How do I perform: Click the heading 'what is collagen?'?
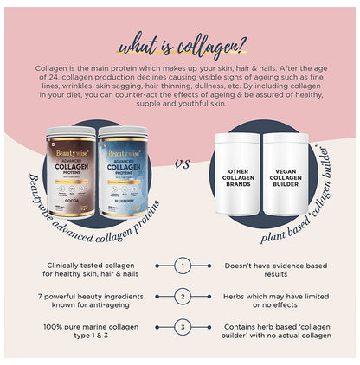coord(180,45)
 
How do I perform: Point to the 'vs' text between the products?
coord(183,162)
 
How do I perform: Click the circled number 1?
coord(183,267)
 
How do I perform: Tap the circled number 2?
coord(183,297)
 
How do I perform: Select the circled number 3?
coord(183,328)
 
